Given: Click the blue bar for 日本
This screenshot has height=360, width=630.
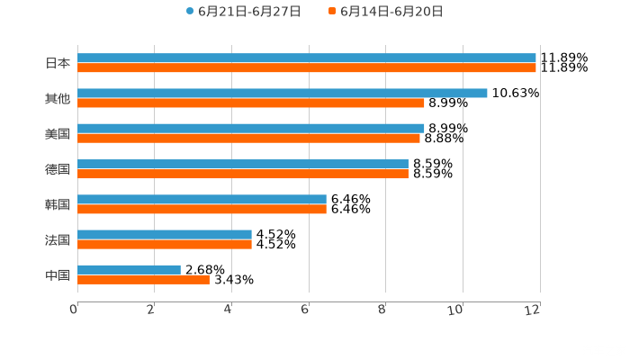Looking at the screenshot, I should click(306, 58).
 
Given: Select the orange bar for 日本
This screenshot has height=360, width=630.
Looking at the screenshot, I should click(306, 67).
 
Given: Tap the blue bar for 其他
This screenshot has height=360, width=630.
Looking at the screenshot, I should click(282, 93).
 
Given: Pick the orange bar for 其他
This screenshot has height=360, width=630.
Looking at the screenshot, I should click(250, 103).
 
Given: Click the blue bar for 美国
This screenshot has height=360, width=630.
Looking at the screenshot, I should click(250, 128).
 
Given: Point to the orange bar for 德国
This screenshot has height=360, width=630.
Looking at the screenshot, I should click(242, 174).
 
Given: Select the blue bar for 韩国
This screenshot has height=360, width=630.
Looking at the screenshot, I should click(202, 199).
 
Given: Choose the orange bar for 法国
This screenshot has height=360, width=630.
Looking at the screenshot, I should click(164, 244).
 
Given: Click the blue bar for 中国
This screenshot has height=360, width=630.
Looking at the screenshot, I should click(129, 269).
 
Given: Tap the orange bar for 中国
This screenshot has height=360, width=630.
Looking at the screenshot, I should click(143, 279).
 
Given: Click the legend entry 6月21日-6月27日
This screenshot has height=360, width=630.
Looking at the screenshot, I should click(242, 12).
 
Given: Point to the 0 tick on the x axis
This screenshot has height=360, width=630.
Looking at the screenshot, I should click(75, 309).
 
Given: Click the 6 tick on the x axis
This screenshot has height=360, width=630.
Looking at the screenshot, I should click(306, 309).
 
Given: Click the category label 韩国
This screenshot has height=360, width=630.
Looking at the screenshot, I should click(58, 204).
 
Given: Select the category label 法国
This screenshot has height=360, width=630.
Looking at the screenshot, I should click(58, 239).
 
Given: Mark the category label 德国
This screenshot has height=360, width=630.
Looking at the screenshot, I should click(58, 169).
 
